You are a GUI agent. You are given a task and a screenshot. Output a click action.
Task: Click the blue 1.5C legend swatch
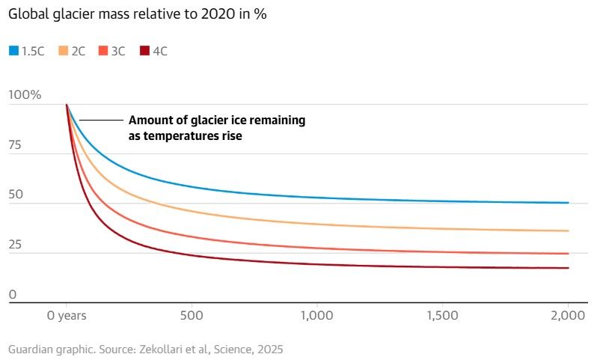point(13,51)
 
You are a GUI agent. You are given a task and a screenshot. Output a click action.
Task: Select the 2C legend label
point(78,51)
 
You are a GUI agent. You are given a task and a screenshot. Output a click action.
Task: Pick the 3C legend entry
point(120,51)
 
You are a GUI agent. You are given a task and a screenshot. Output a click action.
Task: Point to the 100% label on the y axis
point(25,95)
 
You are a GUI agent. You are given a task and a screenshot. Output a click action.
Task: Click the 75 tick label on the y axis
point(16,145)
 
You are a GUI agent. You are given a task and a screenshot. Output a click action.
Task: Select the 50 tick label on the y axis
point(16,195)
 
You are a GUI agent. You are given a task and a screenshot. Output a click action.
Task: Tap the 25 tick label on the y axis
point(16,245)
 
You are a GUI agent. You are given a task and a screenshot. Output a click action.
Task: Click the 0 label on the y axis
point(12,294)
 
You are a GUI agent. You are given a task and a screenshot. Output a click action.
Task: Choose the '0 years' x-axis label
point(67,316)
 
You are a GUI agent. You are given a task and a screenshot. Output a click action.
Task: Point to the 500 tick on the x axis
point(192,316)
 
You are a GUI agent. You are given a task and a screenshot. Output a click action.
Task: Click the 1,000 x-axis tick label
point(316,316)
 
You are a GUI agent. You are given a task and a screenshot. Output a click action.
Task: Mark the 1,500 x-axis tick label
point(442,316)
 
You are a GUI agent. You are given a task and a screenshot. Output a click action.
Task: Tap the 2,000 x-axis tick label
point(567,316)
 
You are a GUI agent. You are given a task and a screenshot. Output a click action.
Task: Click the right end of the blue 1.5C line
point(568,203)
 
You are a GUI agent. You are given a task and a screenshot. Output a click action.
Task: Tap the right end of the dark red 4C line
point(568,268)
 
